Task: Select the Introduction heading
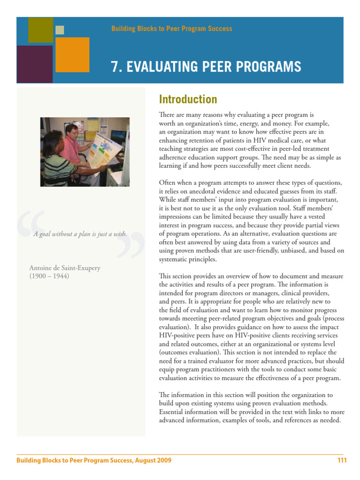click(x=188, y=99)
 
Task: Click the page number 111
click(x=342, y=460)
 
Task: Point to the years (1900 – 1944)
click(x=49, y=276)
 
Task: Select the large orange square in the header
click(x=72, y=54)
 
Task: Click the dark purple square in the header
click(x=34, y=64)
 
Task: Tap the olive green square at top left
click(x=40, y=30)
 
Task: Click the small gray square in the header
click(x=60, y=30)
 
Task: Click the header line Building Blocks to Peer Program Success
click(x=172, y=29)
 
